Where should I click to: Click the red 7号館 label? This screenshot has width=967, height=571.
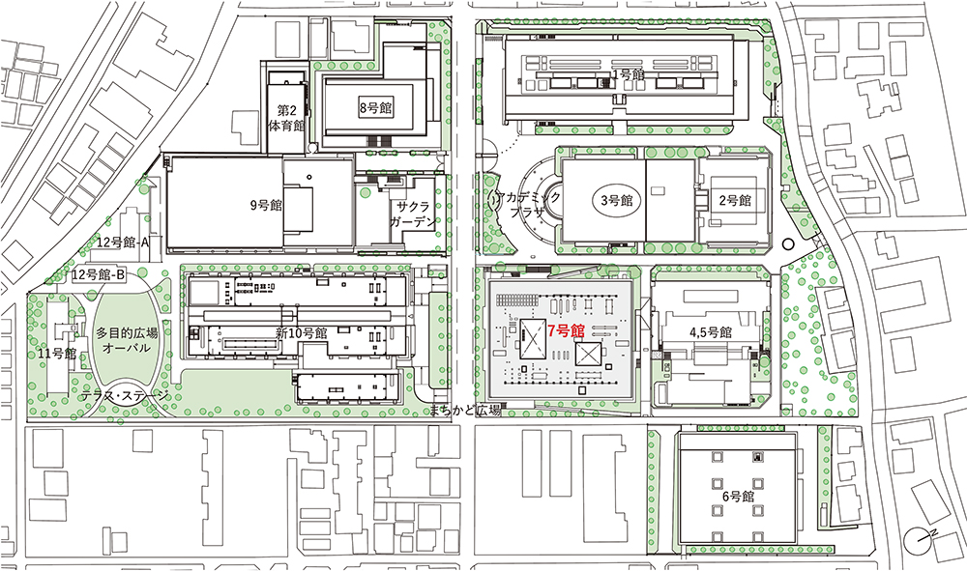pyautogui.click(x=566, y=330)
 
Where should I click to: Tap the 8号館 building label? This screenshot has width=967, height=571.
pyautogui.click(x=375, y=108)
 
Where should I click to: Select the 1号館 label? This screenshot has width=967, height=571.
pyautogui.click(x=628, y=74)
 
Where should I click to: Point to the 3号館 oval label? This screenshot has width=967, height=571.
pyautogui.click(x=617, y=200)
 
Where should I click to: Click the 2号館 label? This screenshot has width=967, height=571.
pyautogui.click(x=735, y=200)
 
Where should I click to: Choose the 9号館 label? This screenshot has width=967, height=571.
pyautogui.click(x=267, y=205)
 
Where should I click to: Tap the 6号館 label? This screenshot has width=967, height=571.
pyautogui.click(x=738, y=496)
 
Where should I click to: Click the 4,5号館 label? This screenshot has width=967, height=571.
pyautogui.click(x=711, y=332)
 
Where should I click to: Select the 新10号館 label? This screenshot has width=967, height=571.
pyautogui.click(x=301, y=333)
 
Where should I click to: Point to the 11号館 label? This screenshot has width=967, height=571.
pyautogui.click(x=57, y=354)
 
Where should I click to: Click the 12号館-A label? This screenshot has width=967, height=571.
pyautogui.click(x=124, y=243)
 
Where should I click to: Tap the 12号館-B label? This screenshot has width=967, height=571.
pyautogui.click(x=99, y=274)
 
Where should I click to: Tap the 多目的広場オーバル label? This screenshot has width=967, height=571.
pyautogui.click(x=127, y=340)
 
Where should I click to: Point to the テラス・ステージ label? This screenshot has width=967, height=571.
pyautogui.click(x=125, y=397)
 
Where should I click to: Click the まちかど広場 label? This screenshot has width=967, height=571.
pyautogui.click(x=466, y=411)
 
